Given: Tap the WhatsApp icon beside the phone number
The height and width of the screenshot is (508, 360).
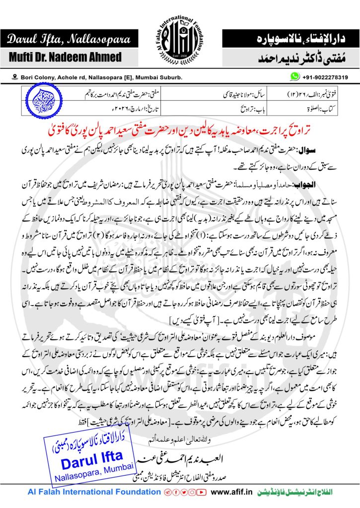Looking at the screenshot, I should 295,76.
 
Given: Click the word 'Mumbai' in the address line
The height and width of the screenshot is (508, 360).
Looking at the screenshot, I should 147,77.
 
